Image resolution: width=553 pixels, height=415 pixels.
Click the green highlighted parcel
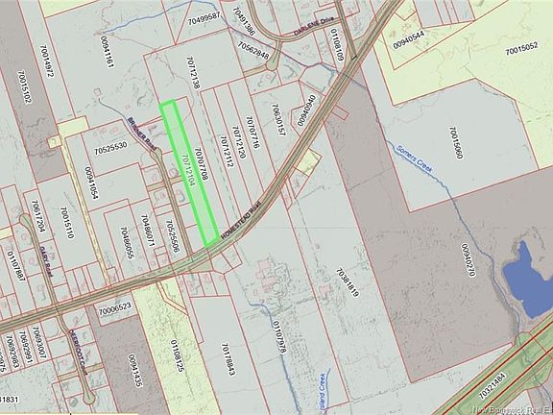188,173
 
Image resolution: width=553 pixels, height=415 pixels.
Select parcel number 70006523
114,309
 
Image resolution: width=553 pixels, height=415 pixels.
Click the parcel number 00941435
135,372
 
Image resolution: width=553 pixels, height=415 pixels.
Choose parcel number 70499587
204,17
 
